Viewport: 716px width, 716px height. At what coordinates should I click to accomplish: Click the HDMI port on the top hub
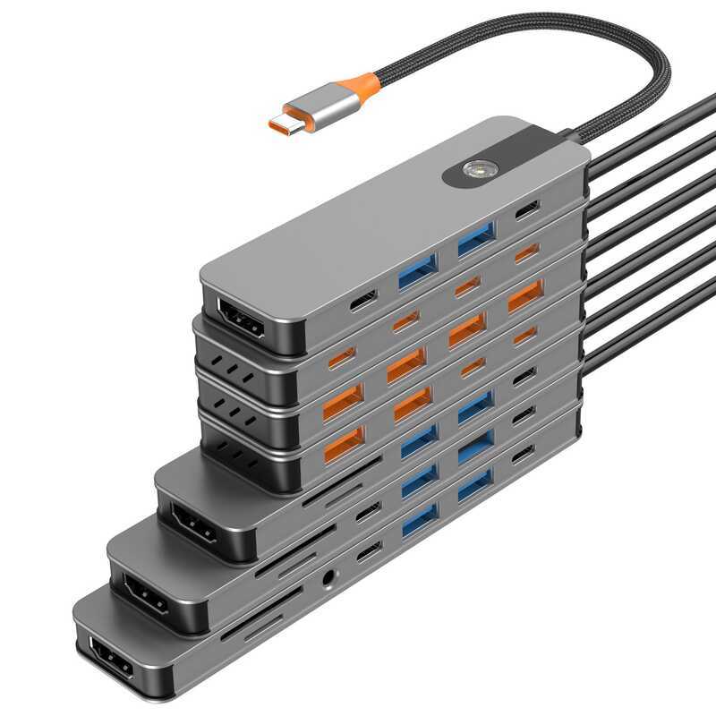241,318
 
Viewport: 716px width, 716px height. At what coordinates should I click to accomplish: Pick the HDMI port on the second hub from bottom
145,593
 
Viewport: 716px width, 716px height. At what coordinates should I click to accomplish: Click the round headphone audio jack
332,580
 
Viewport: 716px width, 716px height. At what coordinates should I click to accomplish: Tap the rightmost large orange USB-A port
525,295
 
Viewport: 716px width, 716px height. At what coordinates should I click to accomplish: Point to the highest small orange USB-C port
527,252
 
